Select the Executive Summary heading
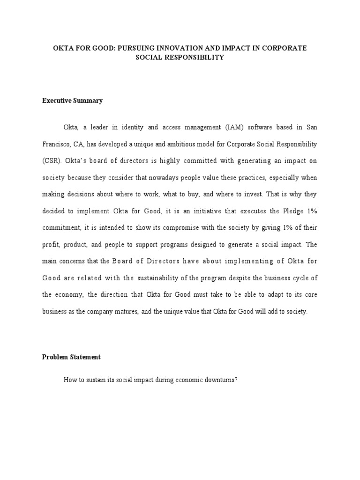tap(72, 100)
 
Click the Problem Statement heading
tap(71, 357)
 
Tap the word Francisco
tap(57, 144)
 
